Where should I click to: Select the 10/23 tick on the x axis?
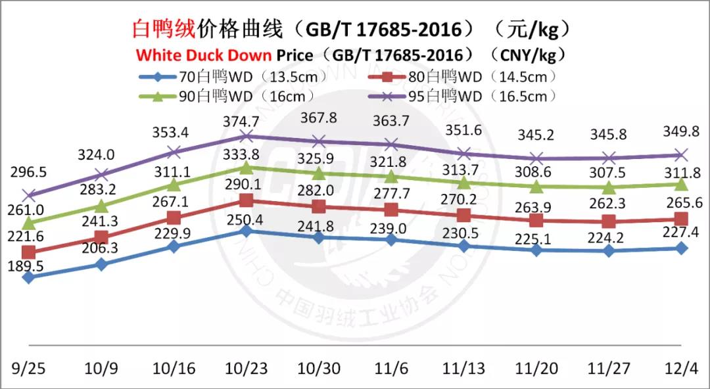246,368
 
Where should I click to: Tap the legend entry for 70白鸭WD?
216,77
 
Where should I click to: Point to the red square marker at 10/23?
246,200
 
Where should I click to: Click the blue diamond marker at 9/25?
28,277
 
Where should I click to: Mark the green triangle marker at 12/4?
681,184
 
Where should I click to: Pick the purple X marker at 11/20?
536,158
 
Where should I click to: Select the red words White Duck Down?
204,54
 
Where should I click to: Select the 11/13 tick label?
464,368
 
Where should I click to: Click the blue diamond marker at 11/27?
609,250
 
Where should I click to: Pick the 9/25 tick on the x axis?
28,368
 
